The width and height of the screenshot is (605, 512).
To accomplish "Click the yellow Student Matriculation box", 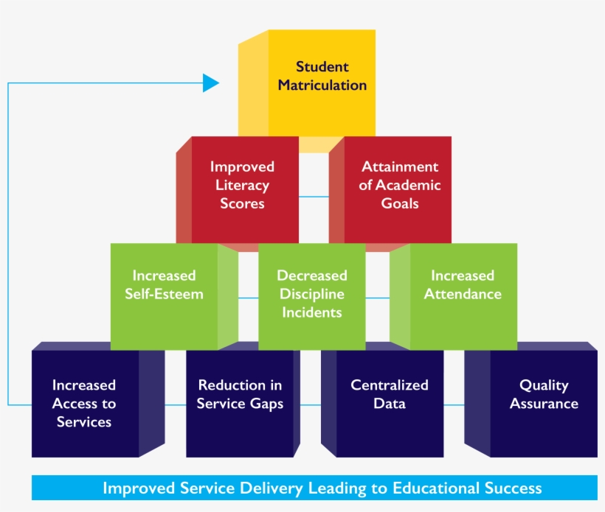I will [x=321, y=81].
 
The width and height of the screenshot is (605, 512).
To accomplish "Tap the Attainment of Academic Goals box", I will [x=398, y=188].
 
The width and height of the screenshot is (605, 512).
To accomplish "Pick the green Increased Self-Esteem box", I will [x=164, y=295].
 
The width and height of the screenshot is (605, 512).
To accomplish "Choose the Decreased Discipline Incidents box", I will [x=311, y=295].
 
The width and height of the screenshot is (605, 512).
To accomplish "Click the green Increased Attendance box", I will [x=463, y=295].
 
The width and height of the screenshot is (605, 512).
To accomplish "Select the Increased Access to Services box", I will [x=85, y=404].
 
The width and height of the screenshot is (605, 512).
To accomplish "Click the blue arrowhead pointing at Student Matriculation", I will [x=212, y=83].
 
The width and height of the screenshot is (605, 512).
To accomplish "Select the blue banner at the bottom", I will [x=314, y=488].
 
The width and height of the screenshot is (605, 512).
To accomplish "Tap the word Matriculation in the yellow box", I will [x=322, y=85].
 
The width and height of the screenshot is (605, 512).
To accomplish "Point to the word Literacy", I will [x=243, y=185].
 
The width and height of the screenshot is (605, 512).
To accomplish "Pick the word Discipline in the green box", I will [x=311, y=294].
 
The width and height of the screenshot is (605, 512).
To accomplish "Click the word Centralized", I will [x=390, y=385].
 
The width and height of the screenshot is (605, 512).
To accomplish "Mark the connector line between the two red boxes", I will [x=314, y=197].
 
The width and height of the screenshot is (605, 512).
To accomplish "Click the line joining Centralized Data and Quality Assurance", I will [x=454, y=404].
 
